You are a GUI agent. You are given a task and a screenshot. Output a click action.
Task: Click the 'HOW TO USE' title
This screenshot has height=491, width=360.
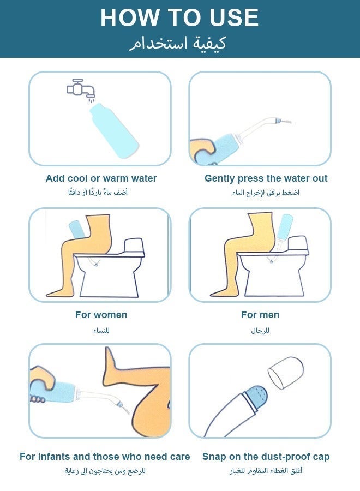point(179,18)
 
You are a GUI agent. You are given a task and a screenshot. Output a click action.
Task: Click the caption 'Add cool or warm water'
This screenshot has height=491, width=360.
point(101,178)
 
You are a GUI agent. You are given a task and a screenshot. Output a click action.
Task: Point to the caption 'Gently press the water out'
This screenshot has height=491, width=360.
point(266,178)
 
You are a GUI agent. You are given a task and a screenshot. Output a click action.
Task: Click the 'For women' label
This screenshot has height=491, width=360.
point(101,315)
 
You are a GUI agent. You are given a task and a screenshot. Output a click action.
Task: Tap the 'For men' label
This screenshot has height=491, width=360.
point(260,315)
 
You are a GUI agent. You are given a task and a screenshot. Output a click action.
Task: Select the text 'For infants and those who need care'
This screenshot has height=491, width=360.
point(105,457)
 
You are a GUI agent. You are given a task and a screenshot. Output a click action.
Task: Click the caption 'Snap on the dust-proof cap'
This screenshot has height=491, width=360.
point(266,457)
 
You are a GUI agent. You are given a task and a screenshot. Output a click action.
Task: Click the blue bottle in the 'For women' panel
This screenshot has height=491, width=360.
point(75,230)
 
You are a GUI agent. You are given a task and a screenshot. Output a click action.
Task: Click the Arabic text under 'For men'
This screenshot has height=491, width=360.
point(260,330)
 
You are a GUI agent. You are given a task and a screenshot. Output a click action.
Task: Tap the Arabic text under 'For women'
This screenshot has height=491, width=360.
point(101,330)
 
